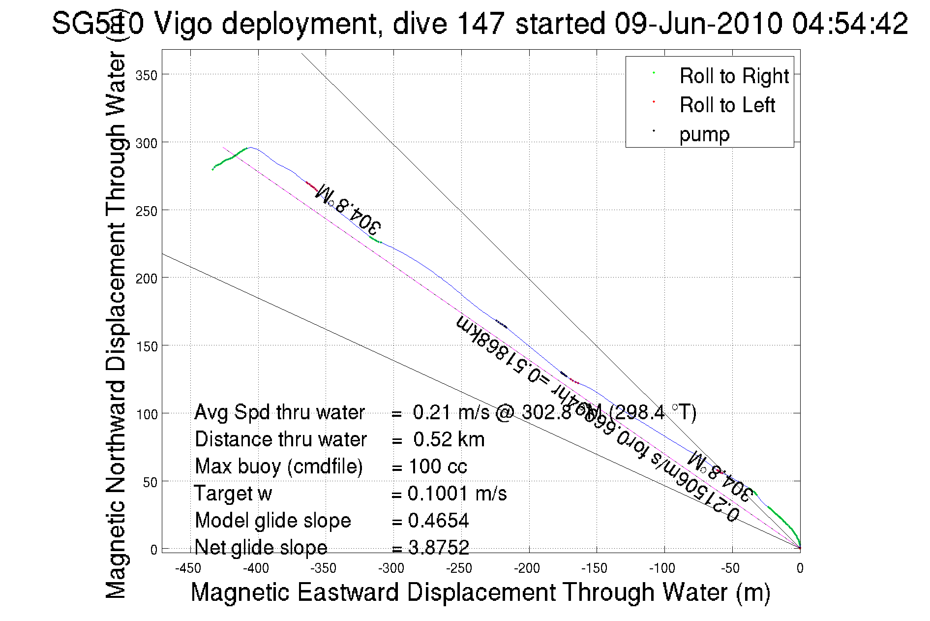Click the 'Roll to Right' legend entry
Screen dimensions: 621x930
(x=734, y=76)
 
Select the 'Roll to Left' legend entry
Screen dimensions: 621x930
(x=727, y=105)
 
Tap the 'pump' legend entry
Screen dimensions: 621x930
(x=704, y=134)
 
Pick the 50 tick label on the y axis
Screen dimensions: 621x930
(x=150, y=482)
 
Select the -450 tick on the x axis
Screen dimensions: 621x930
(x=188, y=569)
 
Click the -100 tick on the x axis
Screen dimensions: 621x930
(x=662, y=569)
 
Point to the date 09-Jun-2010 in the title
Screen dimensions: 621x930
(x=698, y=23)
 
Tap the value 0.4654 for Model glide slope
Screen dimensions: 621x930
(x=438, y=521)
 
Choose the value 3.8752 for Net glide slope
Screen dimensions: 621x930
(x=438, y=547)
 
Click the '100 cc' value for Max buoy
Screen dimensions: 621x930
(x=438, y=466)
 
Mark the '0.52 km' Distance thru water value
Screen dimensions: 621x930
(x=449, y=439)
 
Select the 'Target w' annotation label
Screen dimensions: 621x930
(x=233, y=494)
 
